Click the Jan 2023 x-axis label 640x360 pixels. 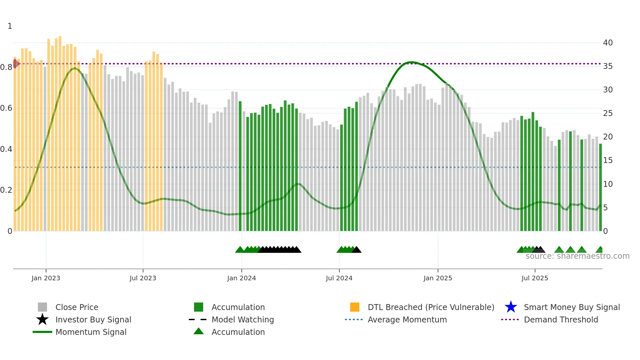[46, 278]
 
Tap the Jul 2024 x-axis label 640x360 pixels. [339, 278]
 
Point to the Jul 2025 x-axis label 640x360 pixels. [535, 278]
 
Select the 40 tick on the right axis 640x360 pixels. [608, 43]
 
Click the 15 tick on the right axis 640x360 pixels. [608, 160]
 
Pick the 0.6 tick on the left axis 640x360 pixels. [6, 108]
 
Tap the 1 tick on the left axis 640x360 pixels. [10, 26]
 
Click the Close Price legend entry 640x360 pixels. [77, 307]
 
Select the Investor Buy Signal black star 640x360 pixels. [42, 319]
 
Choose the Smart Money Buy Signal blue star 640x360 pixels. [511, 307]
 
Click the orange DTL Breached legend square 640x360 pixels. [355, 307]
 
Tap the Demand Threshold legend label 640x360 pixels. [561, 319]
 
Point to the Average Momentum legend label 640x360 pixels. [407, 319]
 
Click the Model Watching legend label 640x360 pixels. [243, 319]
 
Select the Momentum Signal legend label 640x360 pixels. [91, 332]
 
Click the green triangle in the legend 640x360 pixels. [199, 331]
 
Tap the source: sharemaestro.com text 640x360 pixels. [577, 256]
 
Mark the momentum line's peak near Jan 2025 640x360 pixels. [411, 62]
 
